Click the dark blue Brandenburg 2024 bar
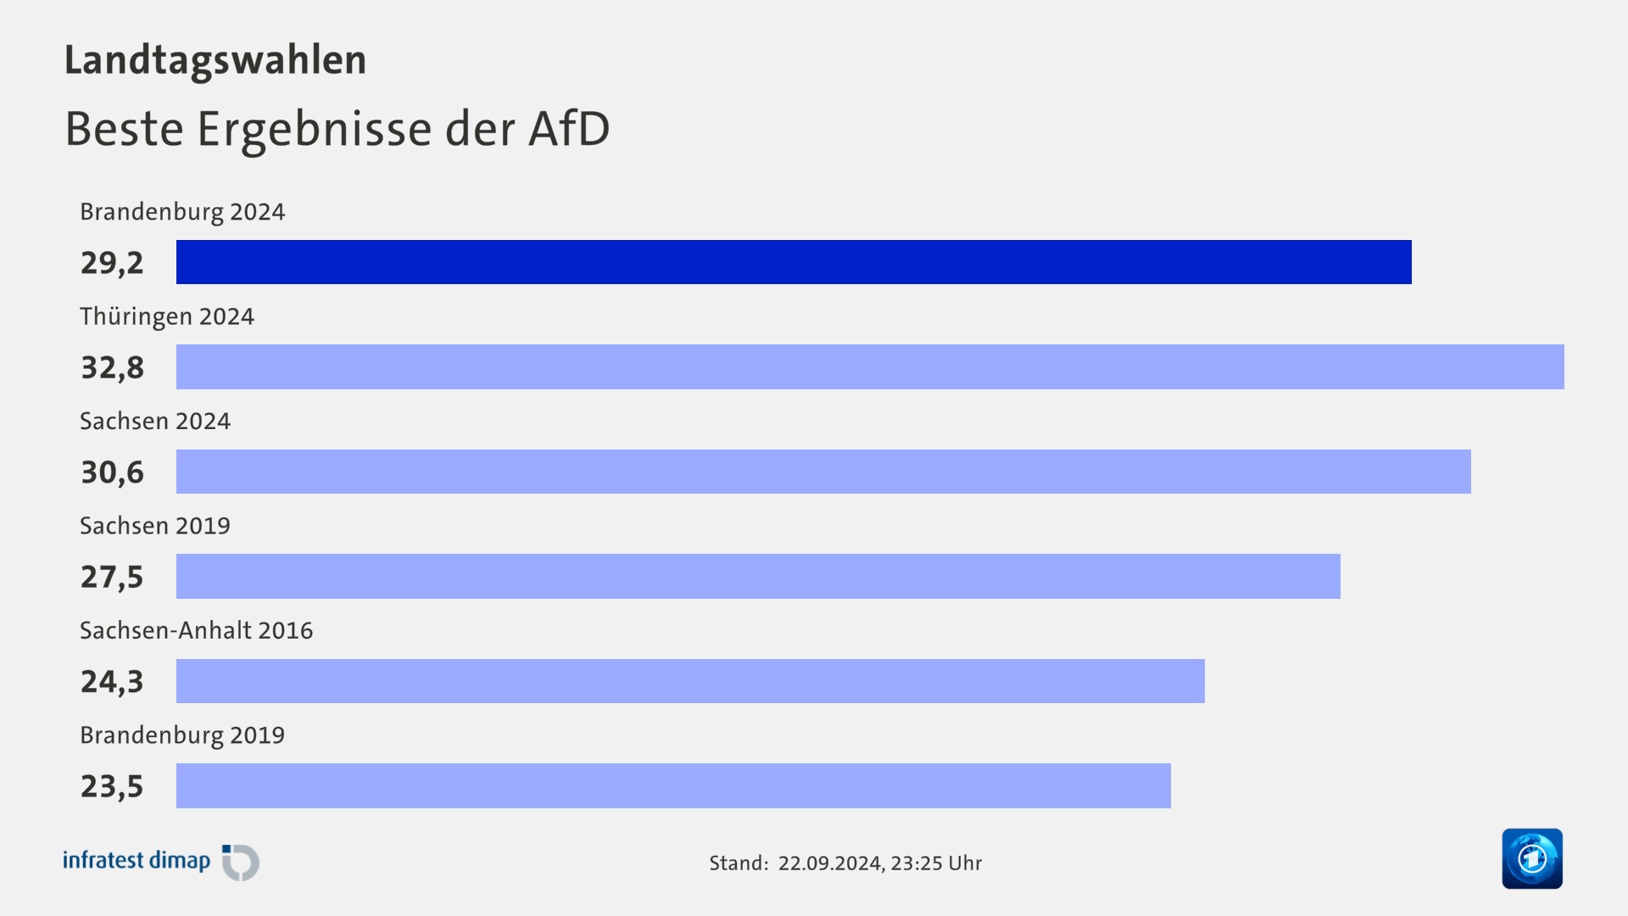coord(794,262)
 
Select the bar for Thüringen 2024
coord(870,366)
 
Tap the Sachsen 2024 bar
coord(823,472)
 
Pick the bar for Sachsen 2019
coord(758,576)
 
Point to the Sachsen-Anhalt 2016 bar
coord(690,681)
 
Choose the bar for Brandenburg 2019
coord(673,785)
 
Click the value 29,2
coord(112,263)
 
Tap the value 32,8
coord(112,368)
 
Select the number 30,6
coord(112,472)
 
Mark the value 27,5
coord(112,578)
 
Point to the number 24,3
coord(112,682)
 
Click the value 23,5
coord(112,786)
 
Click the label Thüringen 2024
coord(167,317)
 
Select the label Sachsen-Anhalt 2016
coord(196,630)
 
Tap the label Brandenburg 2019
coord(182,735)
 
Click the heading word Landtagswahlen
coord(215,60)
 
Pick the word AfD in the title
coord(569,129)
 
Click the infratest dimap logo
coord(161,862)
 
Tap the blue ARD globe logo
coord(1531,858)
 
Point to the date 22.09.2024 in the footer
coord(829,863)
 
